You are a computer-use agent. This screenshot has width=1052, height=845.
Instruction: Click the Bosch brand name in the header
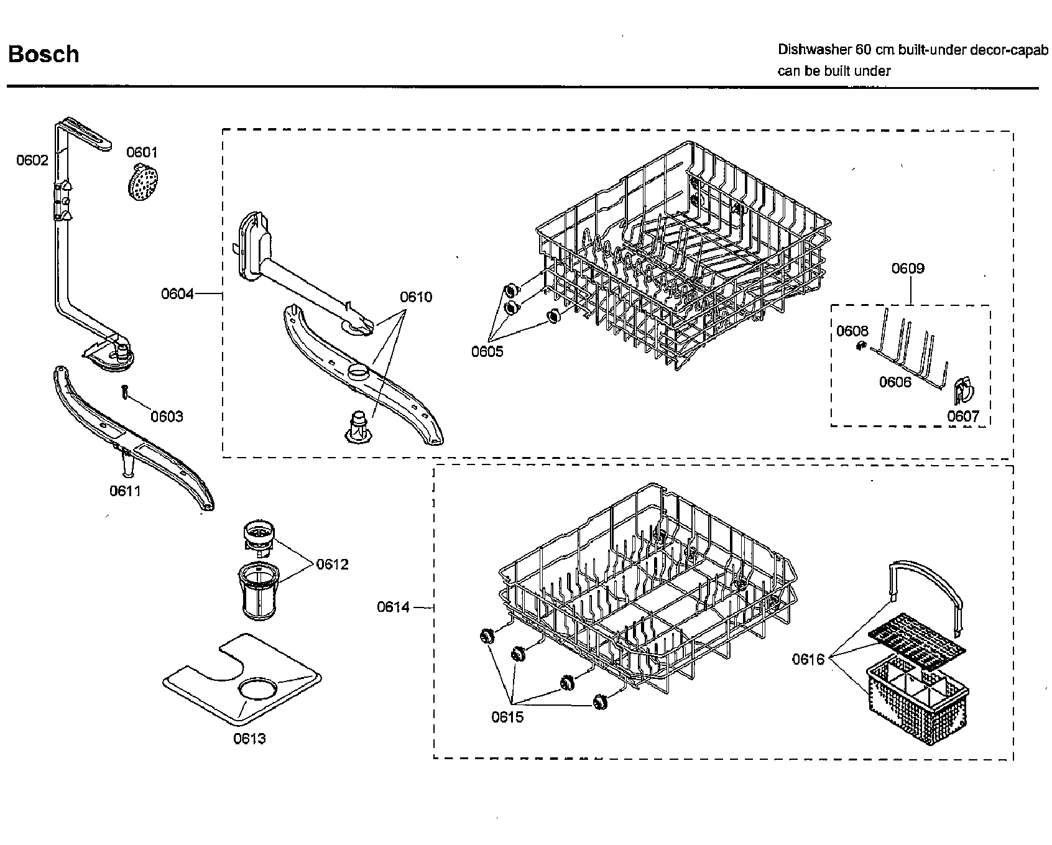pyautogui.click(x=44, y=54)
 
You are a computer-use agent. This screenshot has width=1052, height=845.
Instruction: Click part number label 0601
pyautogui.click(x=142, y=152)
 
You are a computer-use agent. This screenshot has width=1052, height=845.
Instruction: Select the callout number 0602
pyautogui.click(x=32, y=160)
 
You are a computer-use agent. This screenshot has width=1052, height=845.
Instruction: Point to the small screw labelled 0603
pyautogui.click(x=126, y=392)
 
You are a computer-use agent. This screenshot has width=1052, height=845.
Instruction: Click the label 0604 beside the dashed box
pyautogui.click(x=177, y=293)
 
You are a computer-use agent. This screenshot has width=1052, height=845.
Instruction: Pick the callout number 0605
pyautogui.click(x=487, y=351)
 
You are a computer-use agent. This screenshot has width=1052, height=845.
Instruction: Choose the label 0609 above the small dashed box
pyautogui.click(x=908, y=268)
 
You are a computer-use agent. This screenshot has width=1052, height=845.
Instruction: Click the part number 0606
pyautogui.click(x=895, y=382)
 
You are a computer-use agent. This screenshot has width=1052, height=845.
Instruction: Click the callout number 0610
pyautogui.click(x=416, y=297)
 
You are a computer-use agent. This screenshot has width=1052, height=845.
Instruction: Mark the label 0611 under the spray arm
pyautogui.click(x=126, y=491)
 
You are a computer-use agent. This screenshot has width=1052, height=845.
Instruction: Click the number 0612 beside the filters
pyautogui.click(x=333, y=564)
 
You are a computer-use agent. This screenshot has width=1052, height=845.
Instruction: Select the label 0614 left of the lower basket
pyautogui.click(x=394, y=606)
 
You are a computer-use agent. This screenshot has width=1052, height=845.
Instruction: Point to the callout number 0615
pyautogui.click(x=507, y=717)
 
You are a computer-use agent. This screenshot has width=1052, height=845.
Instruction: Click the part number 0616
pyautogui.click(x=808, y=659)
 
